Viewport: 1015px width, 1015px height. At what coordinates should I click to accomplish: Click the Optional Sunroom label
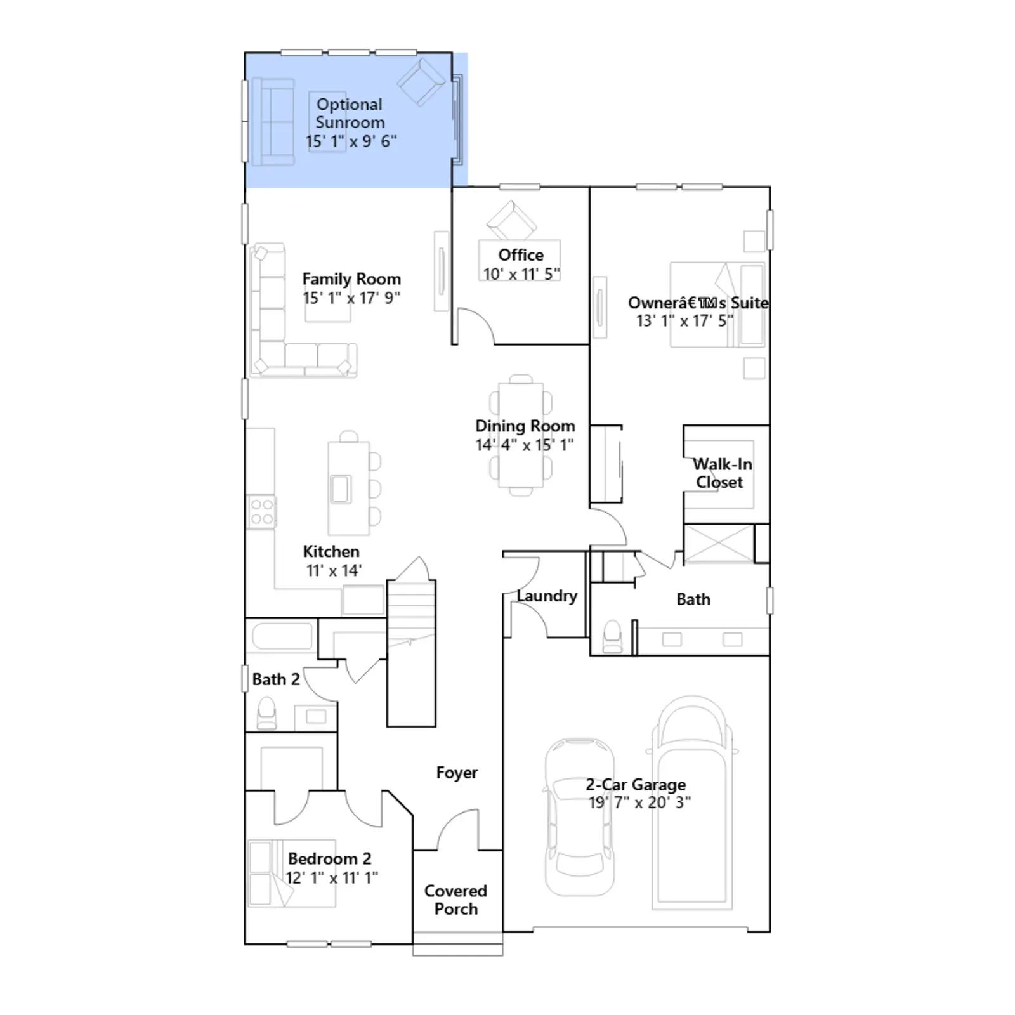[x=350, y=113]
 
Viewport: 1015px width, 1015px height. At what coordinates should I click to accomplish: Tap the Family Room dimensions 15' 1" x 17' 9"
[x=351, y=298]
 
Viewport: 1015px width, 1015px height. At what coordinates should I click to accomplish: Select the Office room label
[x=521, y=255]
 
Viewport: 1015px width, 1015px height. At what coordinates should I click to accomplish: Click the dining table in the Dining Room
[x=521, y=435]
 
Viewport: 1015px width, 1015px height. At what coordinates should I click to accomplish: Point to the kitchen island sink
[x=341, y=488]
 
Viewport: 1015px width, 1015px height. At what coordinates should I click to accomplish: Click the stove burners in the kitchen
[x=261, y=512]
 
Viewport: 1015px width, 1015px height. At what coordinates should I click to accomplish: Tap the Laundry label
[x=547, y=596]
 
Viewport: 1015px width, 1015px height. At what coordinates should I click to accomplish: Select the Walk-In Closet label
[x=722, y=473]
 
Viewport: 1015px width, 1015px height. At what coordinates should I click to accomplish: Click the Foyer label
[x=457, y=773]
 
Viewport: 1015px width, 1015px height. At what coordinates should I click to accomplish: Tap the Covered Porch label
[x=456, y=900]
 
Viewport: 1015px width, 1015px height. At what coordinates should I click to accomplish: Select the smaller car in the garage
[x=579, y=817]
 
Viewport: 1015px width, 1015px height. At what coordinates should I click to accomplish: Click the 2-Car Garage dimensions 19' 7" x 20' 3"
[x=639, y=802]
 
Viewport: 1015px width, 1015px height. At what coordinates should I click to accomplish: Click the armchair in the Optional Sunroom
[x=421, y=82]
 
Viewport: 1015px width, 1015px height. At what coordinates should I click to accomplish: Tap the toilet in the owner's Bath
[x=612, y=636]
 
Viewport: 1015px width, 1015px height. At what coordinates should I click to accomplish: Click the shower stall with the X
[x=719, y=544]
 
